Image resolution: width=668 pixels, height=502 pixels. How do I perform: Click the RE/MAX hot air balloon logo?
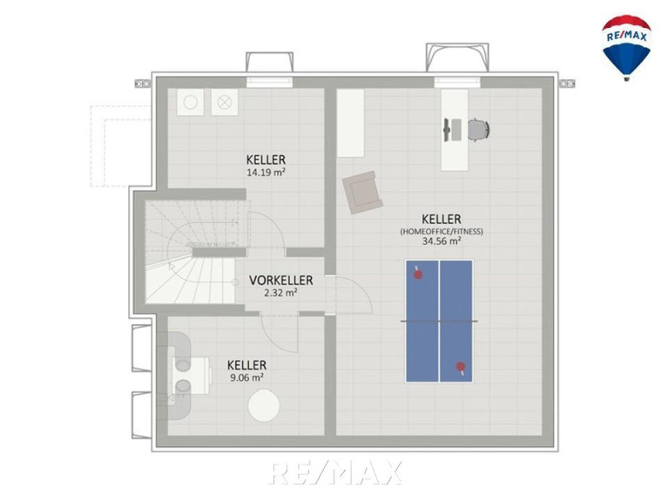point(626,47)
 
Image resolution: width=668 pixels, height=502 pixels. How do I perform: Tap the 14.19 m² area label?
point(266,173)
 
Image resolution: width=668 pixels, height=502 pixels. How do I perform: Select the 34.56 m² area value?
point(442,241)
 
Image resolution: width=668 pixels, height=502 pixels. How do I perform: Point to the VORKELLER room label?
point(280,281)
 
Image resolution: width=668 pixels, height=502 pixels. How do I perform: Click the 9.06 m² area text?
point(246,377)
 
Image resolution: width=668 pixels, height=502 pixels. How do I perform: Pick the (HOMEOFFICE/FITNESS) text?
point(442,232)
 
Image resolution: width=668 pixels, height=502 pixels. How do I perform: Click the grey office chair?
point(479,130)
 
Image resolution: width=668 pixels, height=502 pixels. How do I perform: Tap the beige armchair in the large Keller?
point(362,193)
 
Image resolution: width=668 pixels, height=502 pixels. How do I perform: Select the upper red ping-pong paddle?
point(417,274)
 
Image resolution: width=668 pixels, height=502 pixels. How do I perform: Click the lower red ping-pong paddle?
point(461,368)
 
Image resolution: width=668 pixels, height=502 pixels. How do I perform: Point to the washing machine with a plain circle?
point(191,102)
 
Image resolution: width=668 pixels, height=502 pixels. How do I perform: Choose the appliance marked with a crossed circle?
point(224,102)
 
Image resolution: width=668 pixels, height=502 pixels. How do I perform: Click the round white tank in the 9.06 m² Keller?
point(264,406)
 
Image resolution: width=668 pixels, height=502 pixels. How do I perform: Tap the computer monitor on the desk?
point(447,130)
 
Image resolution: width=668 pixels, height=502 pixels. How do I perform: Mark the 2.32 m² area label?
point(280,293)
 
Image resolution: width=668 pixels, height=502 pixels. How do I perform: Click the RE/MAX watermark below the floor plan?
point(335,472)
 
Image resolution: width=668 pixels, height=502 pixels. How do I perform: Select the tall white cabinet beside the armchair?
point(351,123)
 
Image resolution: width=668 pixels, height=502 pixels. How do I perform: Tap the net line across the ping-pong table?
point(439,321)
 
